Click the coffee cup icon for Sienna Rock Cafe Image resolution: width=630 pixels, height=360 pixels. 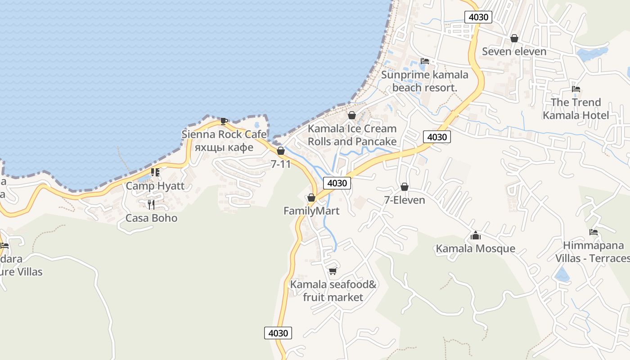tap(224, 121)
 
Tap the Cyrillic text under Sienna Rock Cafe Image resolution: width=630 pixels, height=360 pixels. tap(224, 147)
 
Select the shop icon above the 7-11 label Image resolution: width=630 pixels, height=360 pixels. tap(281, 151)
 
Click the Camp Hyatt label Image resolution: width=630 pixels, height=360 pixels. tap(155, 186)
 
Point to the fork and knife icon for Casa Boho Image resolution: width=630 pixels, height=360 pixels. tap(151, 205)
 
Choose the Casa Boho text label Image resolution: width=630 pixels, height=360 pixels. tap(151, 218)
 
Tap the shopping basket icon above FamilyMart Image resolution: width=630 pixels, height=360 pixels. tap(311, 198)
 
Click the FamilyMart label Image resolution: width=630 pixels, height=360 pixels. tap(311, 211)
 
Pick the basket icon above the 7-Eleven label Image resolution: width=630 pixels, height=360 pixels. tap(405, 187)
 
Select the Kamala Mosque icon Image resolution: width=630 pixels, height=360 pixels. tap(476, 235)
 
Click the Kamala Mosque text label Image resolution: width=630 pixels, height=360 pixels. tap(476, 248)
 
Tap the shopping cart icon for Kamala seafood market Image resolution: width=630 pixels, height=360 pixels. tap(333, 271)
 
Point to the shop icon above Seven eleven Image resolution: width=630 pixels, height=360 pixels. tap(514, 38)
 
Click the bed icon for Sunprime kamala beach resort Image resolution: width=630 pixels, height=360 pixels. tap(425, 61)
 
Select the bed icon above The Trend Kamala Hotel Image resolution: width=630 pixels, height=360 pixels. tap(576, 89)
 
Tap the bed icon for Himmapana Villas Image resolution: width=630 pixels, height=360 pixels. tap(594, 232)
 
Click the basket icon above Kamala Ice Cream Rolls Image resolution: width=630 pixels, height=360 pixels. tap(352, 115)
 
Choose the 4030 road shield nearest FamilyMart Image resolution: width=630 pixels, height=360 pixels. tap(337, 183)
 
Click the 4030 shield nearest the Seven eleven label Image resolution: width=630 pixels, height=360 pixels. tap(478, 17)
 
